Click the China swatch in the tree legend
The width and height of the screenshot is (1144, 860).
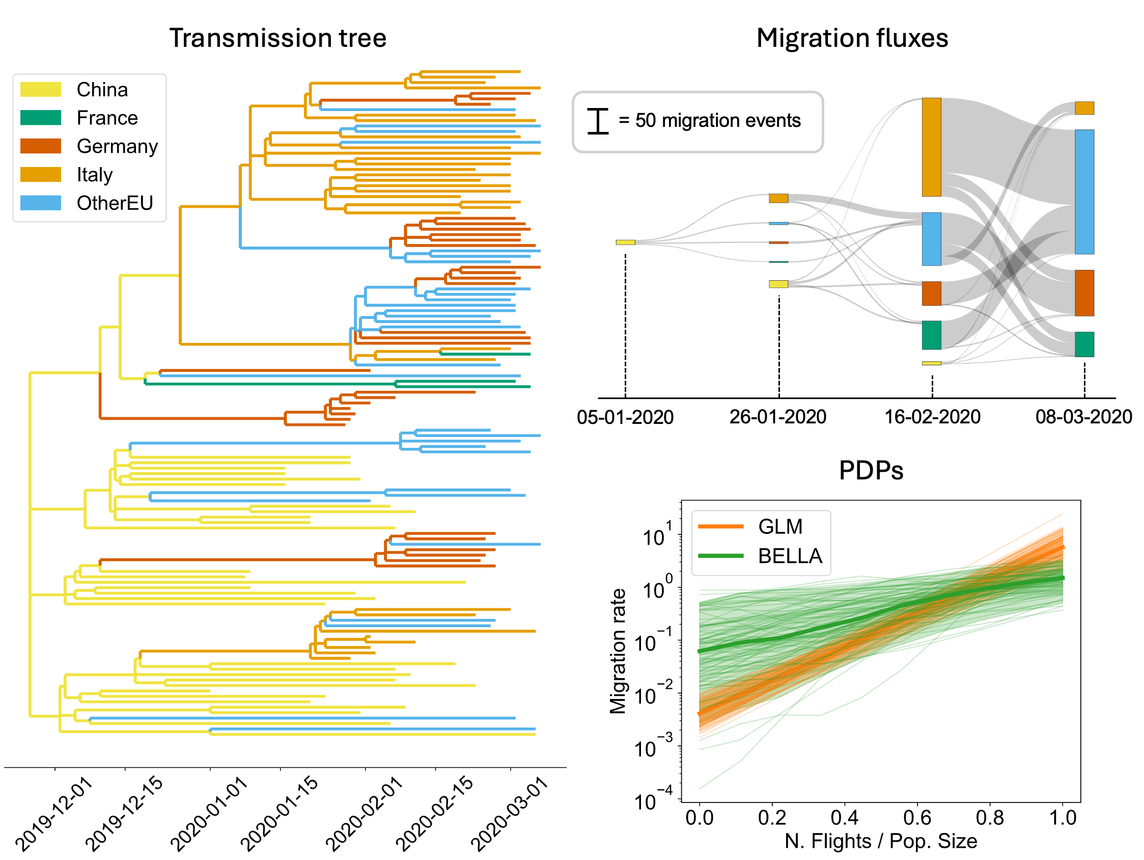pos(40,90)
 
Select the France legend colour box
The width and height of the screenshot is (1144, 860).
pos(40,118)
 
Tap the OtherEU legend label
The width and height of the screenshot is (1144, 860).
pos(115,203)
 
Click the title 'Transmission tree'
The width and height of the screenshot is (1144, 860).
pos(277,38)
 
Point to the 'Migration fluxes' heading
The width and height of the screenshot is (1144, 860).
pos(852,38)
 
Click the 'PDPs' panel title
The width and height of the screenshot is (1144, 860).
pos(871,470)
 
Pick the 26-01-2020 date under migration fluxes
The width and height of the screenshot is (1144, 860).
pos(777,417)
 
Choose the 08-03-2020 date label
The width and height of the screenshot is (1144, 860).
pos(1083,417)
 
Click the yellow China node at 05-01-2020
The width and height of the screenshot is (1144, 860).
pos(625,243)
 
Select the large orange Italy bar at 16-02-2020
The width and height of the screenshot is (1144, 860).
pos(931,147)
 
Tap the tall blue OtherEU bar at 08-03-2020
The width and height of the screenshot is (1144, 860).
pos(1084,192)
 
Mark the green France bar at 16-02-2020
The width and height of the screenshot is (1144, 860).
pos(931,335)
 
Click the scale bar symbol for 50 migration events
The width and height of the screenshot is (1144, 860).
pos(598,122)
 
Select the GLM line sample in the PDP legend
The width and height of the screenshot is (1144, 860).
pos(720,527)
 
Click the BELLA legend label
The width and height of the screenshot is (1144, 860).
pos(790,556)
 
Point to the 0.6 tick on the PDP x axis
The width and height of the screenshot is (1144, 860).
pos(917,818)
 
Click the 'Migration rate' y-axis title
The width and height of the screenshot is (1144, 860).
pos(618,651)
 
